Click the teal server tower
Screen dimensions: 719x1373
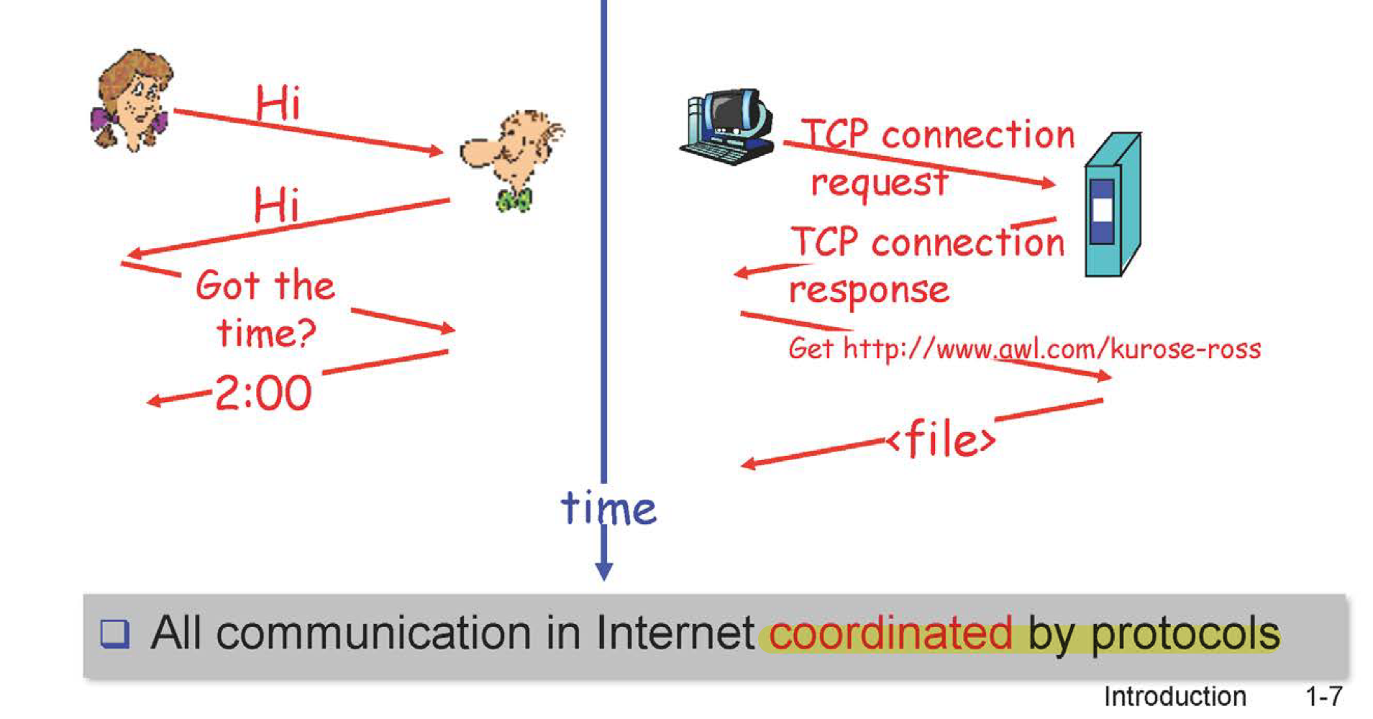1112,205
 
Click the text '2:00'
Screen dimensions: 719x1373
263,393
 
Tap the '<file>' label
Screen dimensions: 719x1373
942,439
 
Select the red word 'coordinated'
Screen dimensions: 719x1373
890,633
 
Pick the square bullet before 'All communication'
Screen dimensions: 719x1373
115,633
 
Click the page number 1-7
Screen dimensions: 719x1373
1323,696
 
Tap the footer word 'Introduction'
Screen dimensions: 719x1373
1174,696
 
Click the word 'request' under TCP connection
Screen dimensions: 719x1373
879,183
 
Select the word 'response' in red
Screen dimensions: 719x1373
869,290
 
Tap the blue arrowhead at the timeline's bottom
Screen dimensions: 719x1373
604,571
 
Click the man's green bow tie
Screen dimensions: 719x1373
514,199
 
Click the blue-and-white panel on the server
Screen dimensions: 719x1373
1102,211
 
